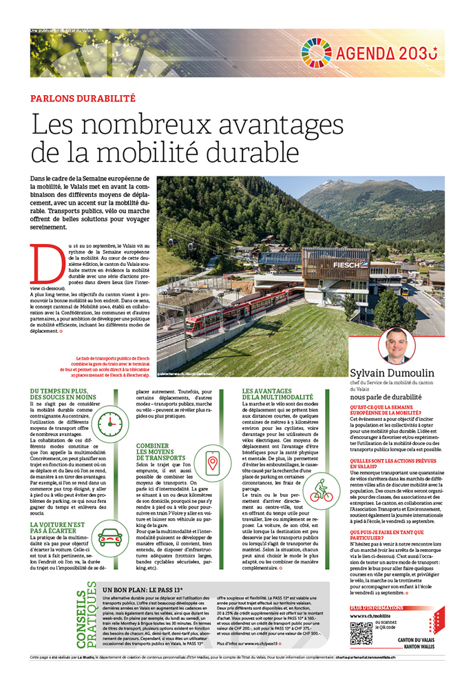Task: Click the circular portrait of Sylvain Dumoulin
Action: [x=397, y=345]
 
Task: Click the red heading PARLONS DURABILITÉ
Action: [x=83, y=98]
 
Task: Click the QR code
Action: [x=361, y=631]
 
